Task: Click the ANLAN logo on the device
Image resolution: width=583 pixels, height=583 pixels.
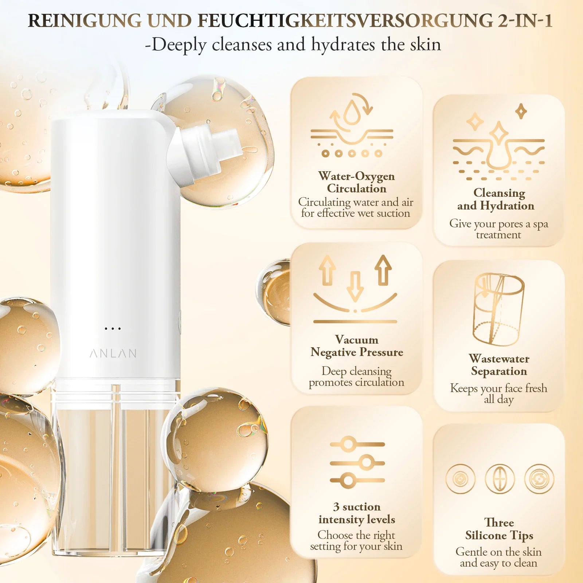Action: coord(113,353)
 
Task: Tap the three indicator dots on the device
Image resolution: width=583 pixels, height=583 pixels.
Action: coord(113,329)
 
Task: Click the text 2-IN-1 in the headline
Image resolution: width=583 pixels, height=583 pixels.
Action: coord(525,21)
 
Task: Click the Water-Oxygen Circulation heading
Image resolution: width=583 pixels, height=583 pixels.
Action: coord(356,182)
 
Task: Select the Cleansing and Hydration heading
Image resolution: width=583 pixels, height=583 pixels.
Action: coord(496,199)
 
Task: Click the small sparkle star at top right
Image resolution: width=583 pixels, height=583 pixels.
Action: coord(521,111)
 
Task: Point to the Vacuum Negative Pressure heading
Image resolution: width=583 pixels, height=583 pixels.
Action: coord(357,346)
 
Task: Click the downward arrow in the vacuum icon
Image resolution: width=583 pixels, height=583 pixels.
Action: coord(355,286)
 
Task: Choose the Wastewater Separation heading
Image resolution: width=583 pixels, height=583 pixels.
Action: coord(499,365)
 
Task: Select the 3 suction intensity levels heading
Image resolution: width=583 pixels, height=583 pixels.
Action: coord(357,513)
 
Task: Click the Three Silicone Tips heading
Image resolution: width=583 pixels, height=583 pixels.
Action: coord(499,529)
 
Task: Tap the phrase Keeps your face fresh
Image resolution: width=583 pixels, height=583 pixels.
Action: coord(499,388)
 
